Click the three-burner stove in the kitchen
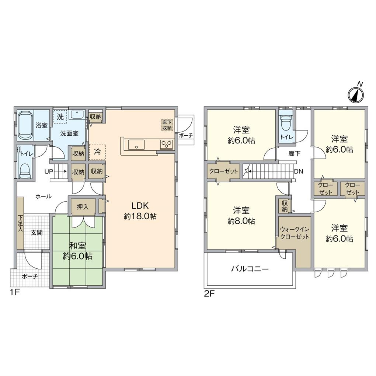pos(166,144)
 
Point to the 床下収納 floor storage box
pos(167,125)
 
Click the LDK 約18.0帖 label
pos(140,211)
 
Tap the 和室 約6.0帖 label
pos(77,251)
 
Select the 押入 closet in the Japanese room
pos(83,207)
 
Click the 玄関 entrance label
pos(36,233)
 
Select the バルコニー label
pos(250,269)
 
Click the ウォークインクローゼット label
pos(294,233)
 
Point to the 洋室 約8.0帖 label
pos(241,216)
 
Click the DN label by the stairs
pos(299,171)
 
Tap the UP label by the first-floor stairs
pos(49,171)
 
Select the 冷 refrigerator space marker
pos(97,151)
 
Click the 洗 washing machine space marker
pos(60,116)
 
